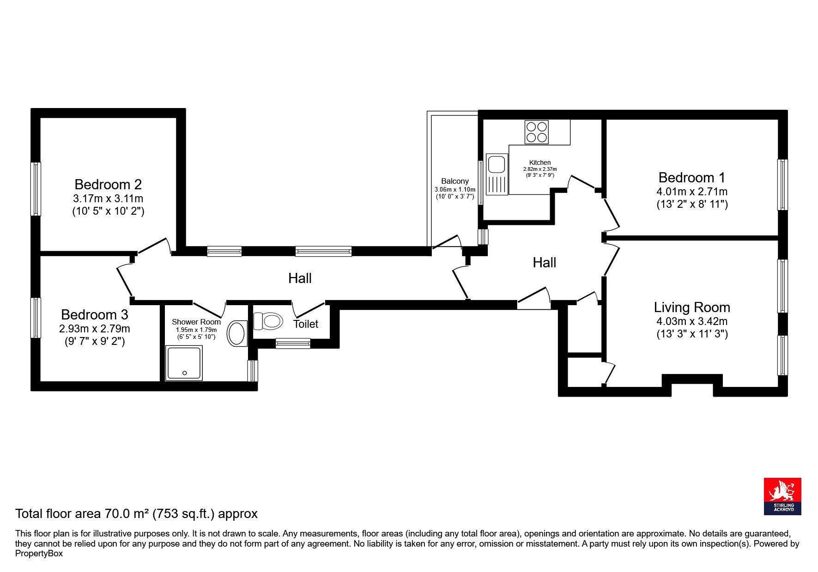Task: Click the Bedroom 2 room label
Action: (108, 185)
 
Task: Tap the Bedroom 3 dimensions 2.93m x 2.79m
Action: (95, 329)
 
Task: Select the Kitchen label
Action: (540, 163)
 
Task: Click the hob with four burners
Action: (536, 132)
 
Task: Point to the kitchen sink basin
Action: (497, 164)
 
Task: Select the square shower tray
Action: (184, 364)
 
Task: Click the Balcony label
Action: (455, 181)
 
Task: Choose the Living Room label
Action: (692, 307)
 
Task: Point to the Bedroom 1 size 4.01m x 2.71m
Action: (692, 192)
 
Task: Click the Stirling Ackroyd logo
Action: (782, 496)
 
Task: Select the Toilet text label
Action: (306, 324)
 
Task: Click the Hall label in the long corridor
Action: (300, 278)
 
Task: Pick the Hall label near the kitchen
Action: (545, 263)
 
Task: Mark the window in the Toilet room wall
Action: (293, 343)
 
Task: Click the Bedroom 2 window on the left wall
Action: (36, 189)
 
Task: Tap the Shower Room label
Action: (196, 322)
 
